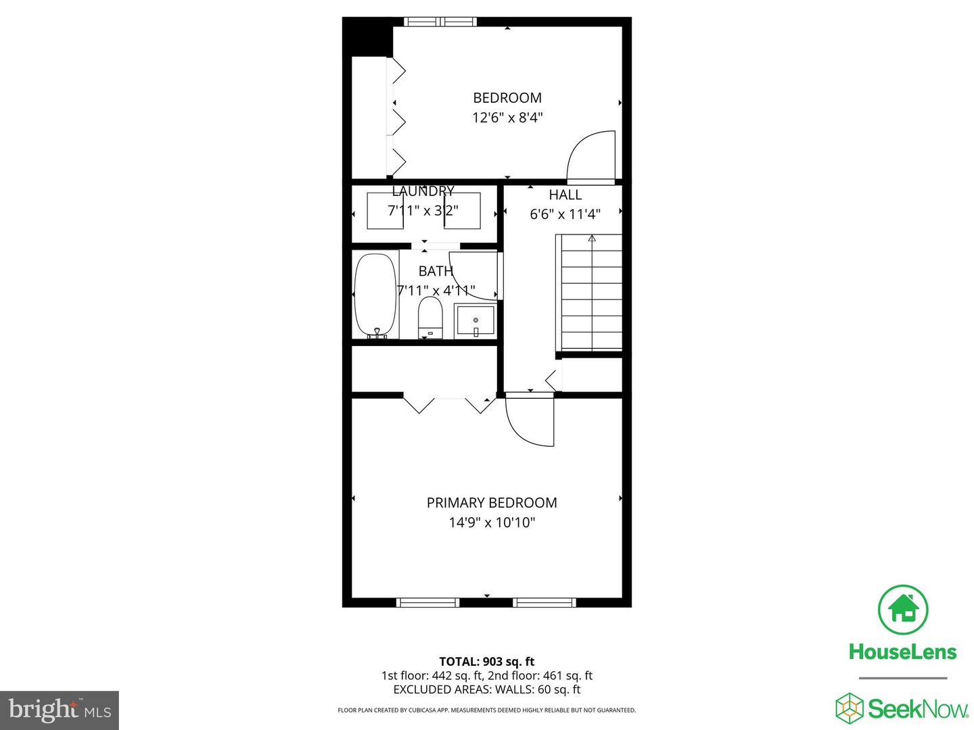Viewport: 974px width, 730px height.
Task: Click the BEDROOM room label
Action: [x=507, y=98]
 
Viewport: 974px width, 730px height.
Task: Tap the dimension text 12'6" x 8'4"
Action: [x=507, y=118]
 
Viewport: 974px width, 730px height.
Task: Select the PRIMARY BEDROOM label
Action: [x=492, y=503]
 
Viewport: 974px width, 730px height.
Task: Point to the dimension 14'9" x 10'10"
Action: [x=492, y=522]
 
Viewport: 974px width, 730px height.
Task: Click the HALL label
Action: [x=565, y=195]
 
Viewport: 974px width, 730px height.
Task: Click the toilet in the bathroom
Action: [x=430, y=318]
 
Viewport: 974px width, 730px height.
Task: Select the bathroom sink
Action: [x=476, y=320]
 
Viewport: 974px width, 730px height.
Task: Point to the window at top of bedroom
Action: [x=440, y=22]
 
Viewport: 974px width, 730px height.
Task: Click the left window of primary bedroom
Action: [x=427, y=602]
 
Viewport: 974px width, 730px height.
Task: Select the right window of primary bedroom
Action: [x=544, y=602]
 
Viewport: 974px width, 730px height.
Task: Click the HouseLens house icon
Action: [x=902, y=609]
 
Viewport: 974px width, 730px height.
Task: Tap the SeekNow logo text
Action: [x=917, y=709]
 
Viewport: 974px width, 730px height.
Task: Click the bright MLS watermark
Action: [x=60, y=710]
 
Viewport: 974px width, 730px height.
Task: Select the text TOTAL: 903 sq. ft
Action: [x=486, y=662]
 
